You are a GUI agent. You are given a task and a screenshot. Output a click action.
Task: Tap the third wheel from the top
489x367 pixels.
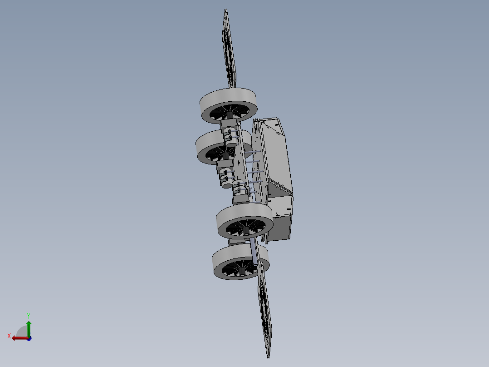click(x=244, y=221)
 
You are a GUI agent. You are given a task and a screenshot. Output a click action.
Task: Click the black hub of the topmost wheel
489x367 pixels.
click(x=230, y=115)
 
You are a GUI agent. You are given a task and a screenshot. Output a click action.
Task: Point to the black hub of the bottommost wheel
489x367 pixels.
click(x=242, y=271)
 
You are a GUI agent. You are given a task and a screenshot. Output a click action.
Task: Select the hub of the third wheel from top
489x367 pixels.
click(x=246, y=231)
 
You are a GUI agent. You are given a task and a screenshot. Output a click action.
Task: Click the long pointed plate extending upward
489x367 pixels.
click(x=229, y=49)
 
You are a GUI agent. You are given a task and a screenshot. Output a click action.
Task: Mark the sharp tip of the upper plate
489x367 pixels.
click(x=225, y=10)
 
